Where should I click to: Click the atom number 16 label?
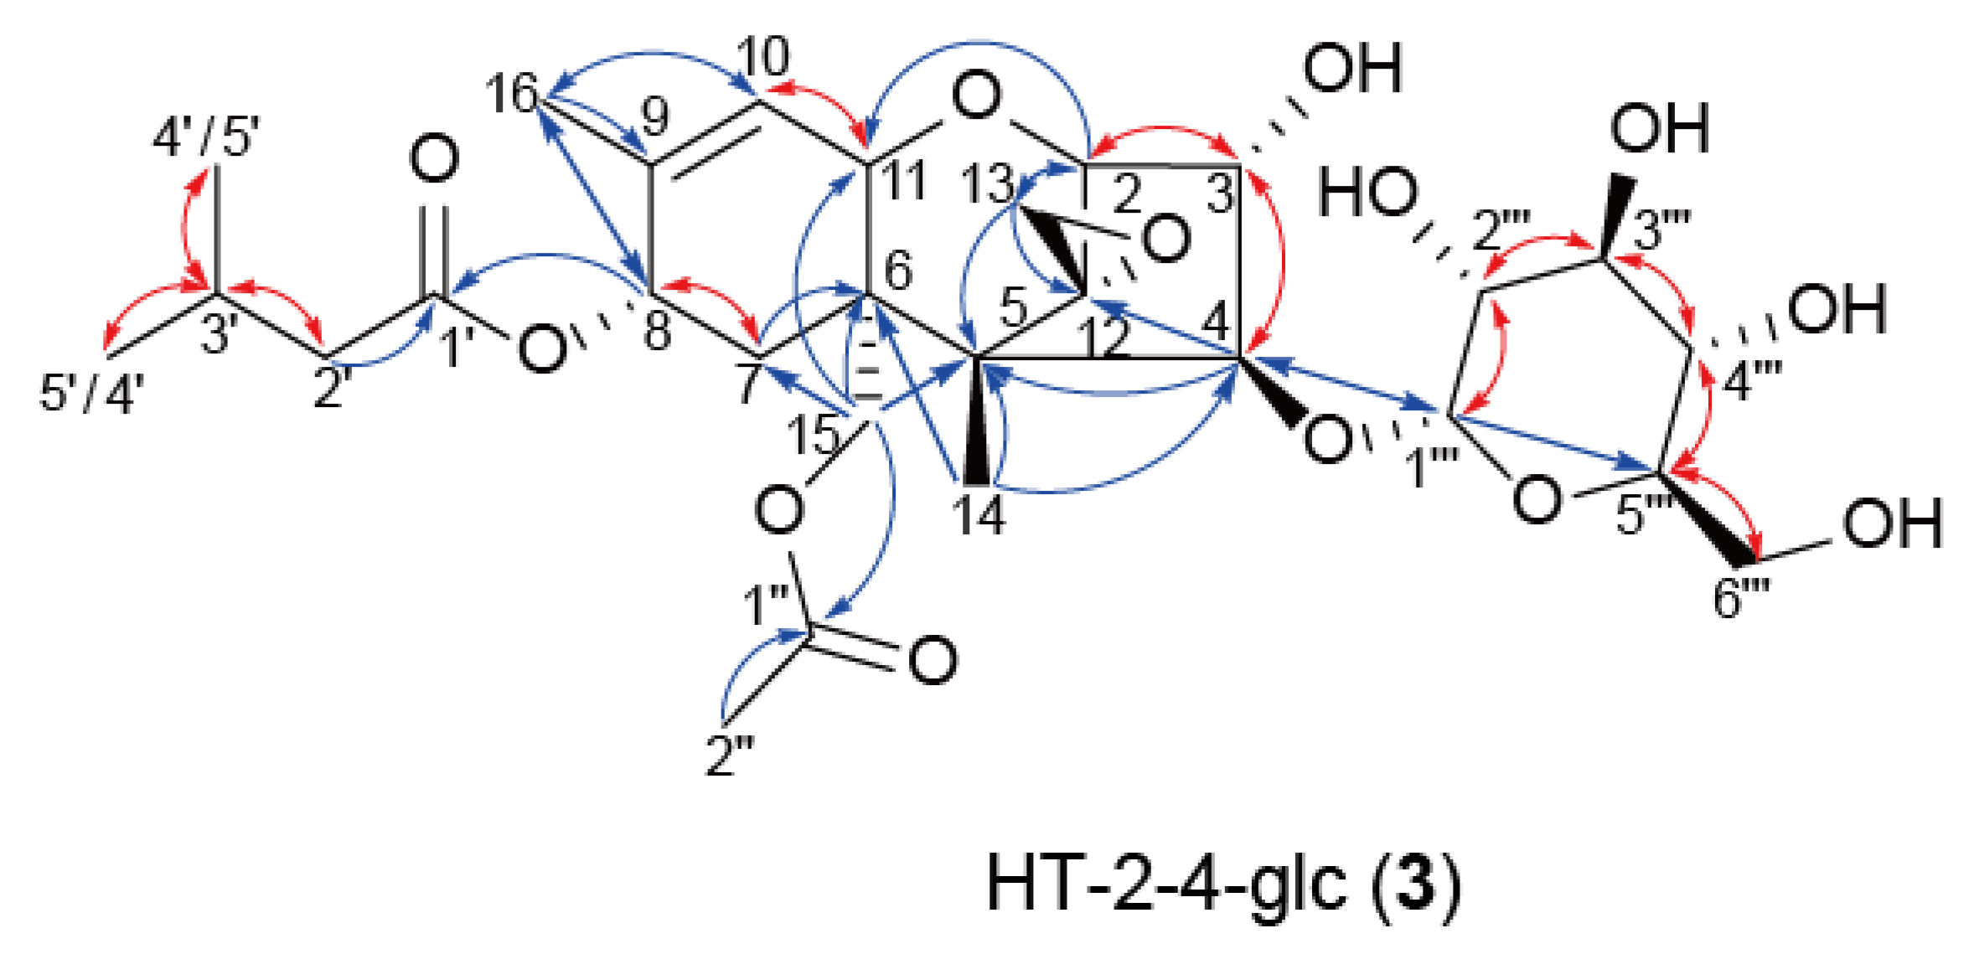coord(511,93)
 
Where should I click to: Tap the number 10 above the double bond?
coord(763,57)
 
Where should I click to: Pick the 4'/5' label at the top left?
coord(206,136)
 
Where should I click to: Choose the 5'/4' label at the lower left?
coord(92,392)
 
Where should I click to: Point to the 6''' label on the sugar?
coord(1739,598)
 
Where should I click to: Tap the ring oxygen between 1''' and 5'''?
coord(1537,498)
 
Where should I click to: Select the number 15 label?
coord(812,434)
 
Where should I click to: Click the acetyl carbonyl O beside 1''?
coord(933,660)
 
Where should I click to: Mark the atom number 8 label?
coord(657,329)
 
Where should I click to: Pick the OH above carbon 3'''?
coord(1659,129)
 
